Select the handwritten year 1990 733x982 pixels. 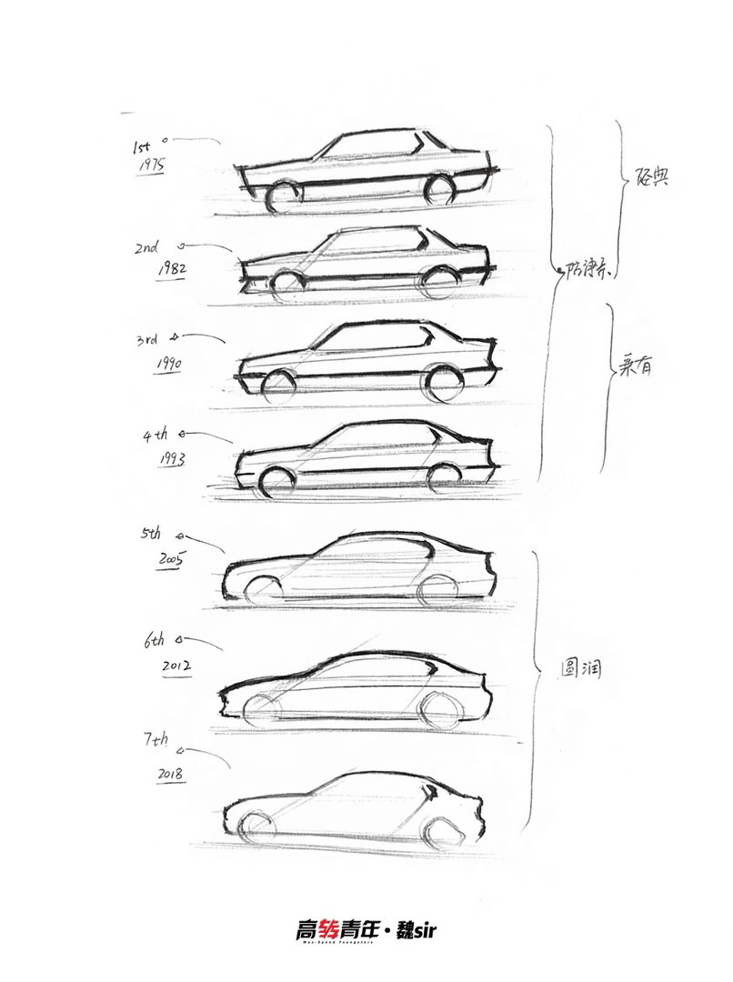coord(167,364)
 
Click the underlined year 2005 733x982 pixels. coord(170,558)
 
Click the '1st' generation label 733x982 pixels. coord(143,145)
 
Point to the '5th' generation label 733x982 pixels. coord(153,536)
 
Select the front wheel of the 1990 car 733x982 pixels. coord(279,386)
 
